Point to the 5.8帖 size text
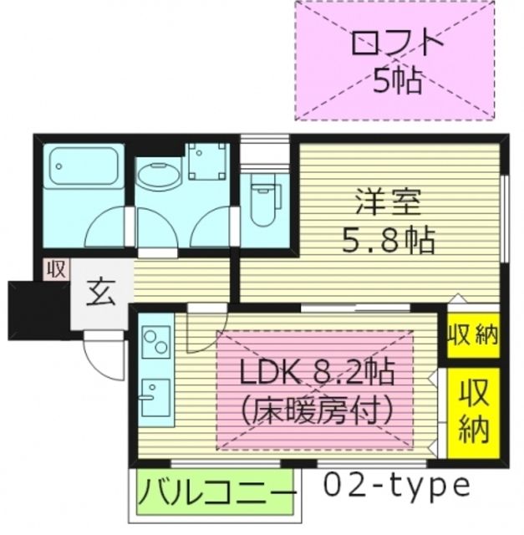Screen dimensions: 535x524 point(388,242)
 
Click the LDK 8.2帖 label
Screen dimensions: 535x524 point(316,372)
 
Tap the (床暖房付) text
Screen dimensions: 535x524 point(316,410)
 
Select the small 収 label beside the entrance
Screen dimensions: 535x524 point(56,268)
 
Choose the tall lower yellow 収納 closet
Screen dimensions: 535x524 point(473,413)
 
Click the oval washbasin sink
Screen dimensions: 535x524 point(157,176)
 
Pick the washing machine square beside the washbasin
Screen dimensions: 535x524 point(208,160)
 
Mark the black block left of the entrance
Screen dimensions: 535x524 point(26,310)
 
